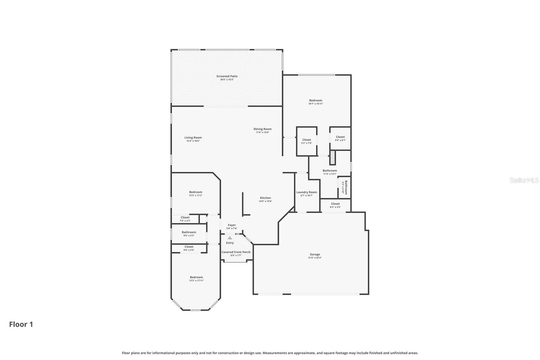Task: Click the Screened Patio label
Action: (x=227, y=76)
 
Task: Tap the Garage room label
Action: (x=315, y=254)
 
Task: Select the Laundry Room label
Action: (x=306, y=192)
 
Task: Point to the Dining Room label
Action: (x=262, y=129)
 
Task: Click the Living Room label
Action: (x=193, y=137)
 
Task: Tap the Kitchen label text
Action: (x=265, y=198)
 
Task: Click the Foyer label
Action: (x=232, y=225)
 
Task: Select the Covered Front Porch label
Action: (x=236, y=252)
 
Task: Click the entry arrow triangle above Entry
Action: (x=230, y=238)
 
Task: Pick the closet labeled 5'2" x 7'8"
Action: (x=306, y=141)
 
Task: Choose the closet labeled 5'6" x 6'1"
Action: (x=340, y=138)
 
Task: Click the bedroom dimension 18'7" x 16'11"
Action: (x=316, y=104)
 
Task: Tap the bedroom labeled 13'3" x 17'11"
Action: (x=196, y=279)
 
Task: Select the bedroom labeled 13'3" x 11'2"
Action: (x=195, y=194)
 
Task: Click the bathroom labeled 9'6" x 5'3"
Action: (x=189, y=233)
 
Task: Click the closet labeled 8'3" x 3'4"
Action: (x=335, y=205)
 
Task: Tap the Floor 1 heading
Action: (x=21, y=324)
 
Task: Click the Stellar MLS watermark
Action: (x=524, y=180)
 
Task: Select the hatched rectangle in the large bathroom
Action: (x=332, y=157)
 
